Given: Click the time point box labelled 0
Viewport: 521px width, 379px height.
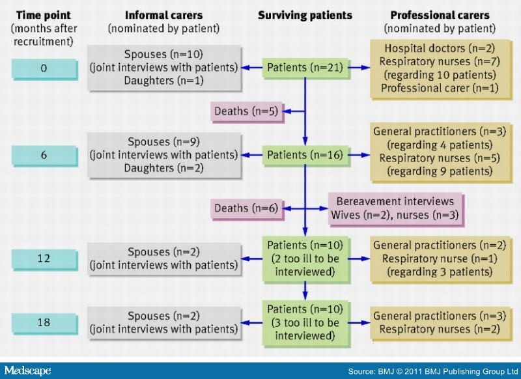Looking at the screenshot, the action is click(44, 69).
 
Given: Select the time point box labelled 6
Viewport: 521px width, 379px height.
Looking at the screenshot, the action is click(44, 155).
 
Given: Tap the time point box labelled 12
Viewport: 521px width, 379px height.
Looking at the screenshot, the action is click(44, 259).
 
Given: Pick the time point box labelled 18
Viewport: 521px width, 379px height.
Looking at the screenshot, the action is click(44, 322).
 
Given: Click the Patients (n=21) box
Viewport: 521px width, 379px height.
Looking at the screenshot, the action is click(305, 68).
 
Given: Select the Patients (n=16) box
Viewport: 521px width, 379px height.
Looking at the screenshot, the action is click(305, 155).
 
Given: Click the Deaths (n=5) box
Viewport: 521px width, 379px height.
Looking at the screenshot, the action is click(247, 111).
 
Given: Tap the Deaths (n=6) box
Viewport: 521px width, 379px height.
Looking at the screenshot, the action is click(247, 208).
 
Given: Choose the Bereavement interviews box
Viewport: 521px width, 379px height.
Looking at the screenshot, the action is click(395, 208).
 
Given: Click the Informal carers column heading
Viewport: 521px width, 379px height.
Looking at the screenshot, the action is click(164, 15).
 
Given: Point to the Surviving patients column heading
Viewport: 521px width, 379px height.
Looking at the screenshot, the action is click(305, 15).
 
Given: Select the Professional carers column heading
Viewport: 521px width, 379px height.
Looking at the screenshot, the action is click(440, 15).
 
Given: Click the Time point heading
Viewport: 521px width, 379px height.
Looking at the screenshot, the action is click(44, 15).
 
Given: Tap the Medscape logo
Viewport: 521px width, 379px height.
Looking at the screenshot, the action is click(27, 371).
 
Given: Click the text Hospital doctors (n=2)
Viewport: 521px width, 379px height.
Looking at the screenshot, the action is click(440, 48).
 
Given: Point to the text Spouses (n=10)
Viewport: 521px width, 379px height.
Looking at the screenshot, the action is click(164, 54).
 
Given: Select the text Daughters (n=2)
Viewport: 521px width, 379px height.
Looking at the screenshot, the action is click(164, 168).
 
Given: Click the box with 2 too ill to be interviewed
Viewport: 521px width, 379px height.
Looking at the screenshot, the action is click(305, 259).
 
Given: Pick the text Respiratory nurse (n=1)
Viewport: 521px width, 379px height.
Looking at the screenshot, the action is click(440, 259).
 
